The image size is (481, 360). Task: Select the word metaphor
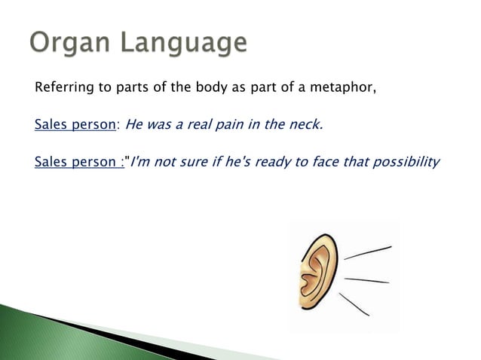click(344, 90)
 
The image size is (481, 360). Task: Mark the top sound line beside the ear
click(368, 252)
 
